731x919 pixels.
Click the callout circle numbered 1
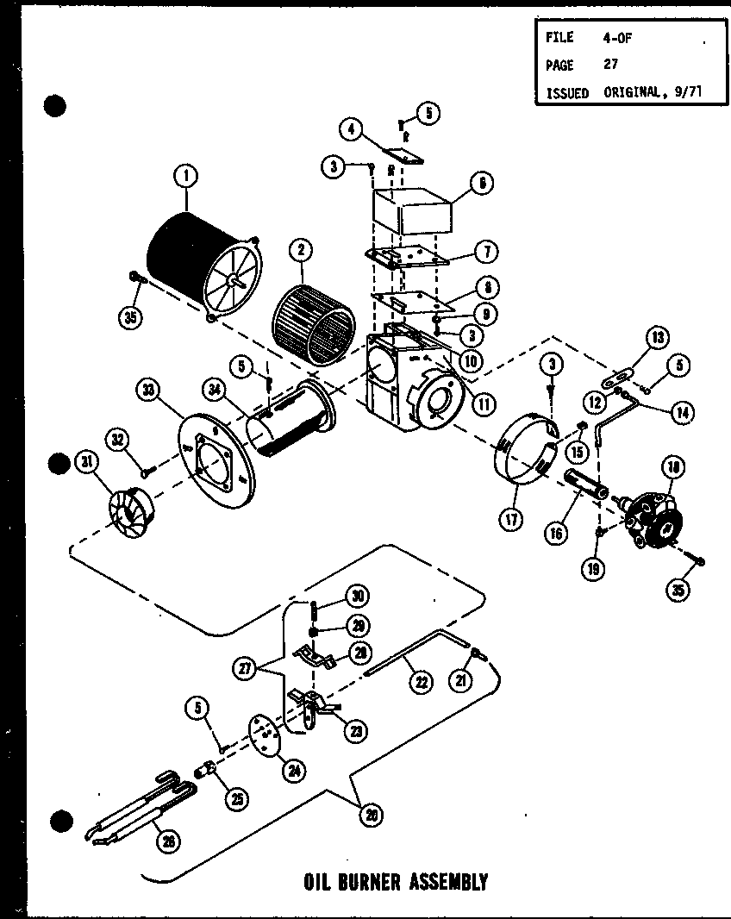pos(185,177)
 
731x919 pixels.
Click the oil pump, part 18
pos(653,517)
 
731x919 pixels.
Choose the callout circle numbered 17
pos(514,521)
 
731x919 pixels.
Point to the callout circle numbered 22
pos(421,681)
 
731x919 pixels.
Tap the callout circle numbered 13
pos(658,337)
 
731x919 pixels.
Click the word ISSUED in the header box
pos(566,93)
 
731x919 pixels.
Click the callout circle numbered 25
pos(235,798)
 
